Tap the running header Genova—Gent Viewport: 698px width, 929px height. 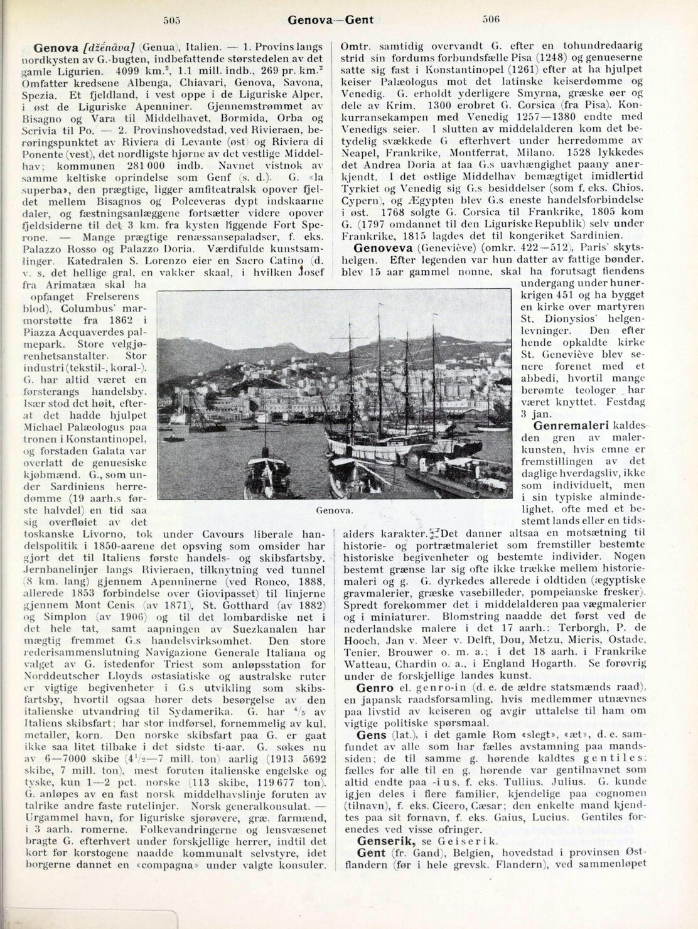330,19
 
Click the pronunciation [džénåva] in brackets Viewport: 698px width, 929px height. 109,47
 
